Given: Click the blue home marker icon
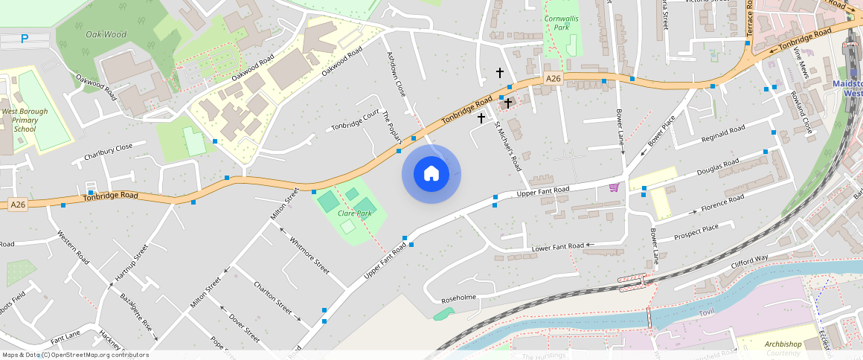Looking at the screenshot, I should (431, 174).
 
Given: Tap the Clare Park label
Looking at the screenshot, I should (354, 213).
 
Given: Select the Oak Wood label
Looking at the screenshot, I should (106, 34).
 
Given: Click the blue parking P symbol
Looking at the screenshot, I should (25, 39).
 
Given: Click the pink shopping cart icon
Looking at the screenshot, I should (614, 187).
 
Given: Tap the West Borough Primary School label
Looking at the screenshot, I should (25, 120).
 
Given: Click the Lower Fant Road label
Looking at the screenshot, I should (557, 246).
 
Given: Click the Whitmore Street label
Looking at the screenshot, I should (309, 255).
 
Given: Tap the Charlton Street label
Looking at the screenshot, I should (272, 297).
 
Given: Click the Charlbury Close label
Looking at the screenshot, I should (108, 152).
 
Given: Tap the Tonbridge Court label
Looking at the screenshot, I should (355, 119).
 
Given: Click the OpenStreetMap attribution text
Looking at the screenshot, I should (75, 355).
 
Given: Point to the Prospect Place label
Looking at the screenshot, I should (696, 231).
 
